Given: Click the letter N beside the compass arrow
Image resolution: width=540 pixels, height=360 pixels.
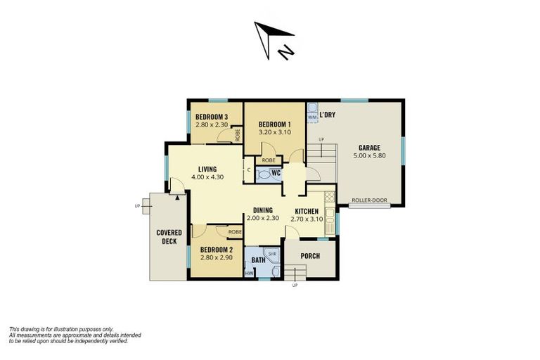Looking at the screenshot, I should click(285, 52).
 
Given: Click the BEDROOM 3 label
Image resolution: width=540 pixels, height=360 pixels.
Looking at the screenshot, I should click(211, 117).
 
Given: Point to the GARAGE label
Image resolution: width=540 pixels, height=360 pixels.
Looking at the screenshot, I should click(369, 148).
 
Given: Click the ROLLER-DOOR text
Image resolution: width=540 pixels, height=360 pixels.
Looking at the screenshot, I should click(369, 200).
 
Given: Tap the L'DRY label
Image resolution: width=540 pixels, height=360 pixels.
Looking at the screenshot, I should click(326, 115).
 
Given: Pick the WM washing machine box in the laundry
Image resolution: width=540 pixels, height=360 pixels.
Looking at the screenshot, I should click(312, 117).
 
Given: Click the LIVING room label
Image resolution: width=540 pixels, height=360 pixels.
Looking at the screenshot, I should click(207, 169).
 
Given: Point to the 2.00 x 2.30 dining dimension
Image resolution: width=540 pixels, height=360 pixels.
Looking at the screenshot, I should click(262, 219).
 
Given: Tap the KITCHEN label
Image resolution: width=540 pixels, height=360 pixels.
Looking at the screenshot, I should click(307, 211).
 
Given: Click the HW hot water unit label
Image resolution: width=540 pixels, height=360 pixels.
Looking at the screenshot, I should click(248, 274).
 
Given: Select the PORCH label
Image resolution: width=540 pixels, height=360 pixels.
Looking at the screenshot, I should click(310, 256).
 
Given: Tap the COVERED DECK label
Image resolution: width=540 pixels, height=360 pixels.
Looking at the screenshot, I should click(169, 238).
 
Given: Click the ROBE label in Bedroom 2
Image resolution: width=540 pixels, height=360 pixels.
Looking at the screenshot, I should click(234, 231).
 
